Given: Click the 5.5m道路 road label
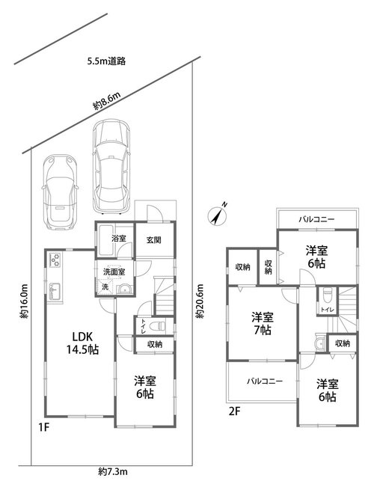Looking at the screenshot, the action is click(x=106, y=61).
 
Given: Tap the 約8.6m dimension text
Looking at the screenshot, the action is click(x=107, y=101).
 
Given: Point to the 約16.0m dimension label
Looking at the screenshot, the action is click(x=24, y=301).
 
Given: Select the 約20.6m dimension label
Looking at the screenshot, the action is click(x=200, y=301).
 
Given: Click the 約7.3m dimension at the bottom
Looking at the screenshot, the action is click(x=113, y=471).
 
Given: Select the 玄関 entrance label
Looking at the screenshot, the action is click(x=153, y=239).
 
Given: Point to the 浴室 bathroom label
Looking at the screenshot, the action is click(x=119, y=239).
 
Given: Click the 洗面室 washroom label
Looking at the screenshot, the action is click(x=114, y=272).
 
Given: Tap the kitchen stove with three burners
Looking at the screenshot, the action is click(x=55, y=260).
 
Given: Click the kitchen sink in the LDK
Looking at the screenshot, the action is click(x=55, y=291).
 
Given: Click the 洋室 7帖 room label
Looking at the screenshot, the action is click(x=263, y=323).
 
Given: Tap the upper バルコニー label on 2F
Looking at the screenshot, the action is click(x=316, y=219).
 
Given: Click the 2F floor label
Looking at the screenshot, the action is click(x=234, y=411).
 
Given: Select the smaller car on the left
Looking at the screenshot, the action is click(x=60, y=192).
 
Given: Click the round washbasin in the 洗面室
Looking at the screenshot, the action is click(x=125, y=290).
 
